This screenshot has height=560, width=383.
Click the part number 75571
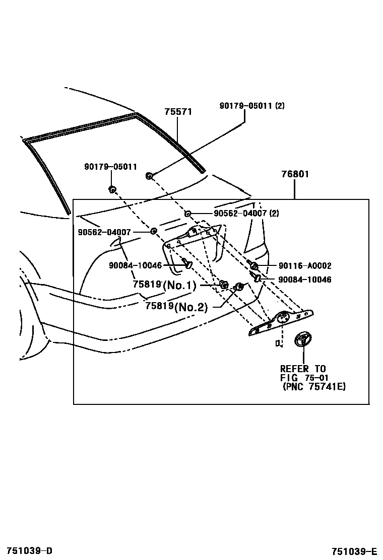pos(178,112)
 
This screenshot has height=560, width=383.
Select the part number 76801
pos(295,175)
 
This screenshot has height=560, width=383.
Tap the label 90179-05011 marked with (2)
pos(252,106)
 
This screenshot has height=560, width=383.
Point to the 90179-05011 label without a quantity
pos(110,167)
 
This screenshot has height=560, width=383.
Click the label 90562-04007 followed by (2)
pos(246,214)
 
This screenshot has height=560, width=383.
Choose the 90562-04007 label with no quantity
pos(104,232)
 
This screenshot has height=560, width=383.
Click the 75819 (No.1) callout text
pos(164,285)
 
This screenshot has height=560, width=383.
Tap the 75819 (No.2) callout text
pos(176,306)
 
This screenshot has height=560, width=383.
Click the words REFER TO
pos(303,369)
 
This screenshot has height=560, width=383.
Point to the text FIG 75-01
pos(304,378)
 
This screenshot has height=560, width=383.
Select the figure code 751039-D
pos(29,550)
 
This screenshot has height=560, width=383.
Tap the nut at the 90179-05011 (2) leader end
pos(150,176)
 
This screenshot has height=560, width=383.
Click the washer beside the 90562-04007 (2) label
pos(187,214)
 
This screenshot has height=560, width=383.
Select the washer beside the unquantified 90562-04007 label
pos(154,231)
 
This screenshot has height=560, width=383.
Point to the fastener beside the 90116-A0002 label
pos(254,265)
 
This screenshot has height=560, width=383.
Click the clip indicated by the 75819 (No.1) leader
pos(222,286)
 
